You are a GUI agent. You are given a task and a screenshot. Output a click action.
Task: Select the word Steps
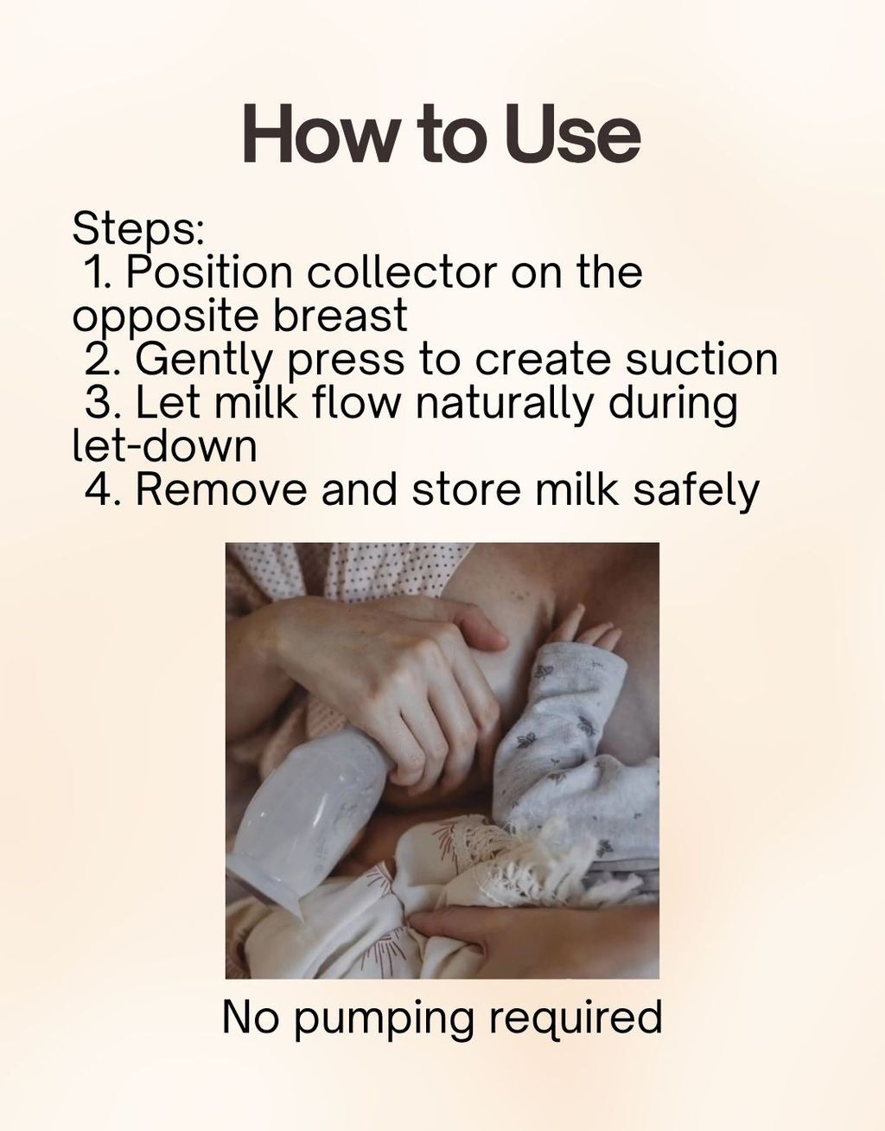pos(137,229)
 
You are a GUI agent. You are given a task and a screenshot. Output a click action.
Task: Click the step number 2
pos(99,359)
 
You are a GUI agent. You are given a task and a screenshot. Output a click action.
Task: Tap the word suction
pos(702,359)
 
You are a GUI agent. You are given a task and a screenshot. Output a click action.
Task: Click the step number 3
pos(99,402)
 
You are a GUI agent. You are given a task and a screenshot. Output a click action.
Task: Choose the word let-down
pos(164,445)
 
